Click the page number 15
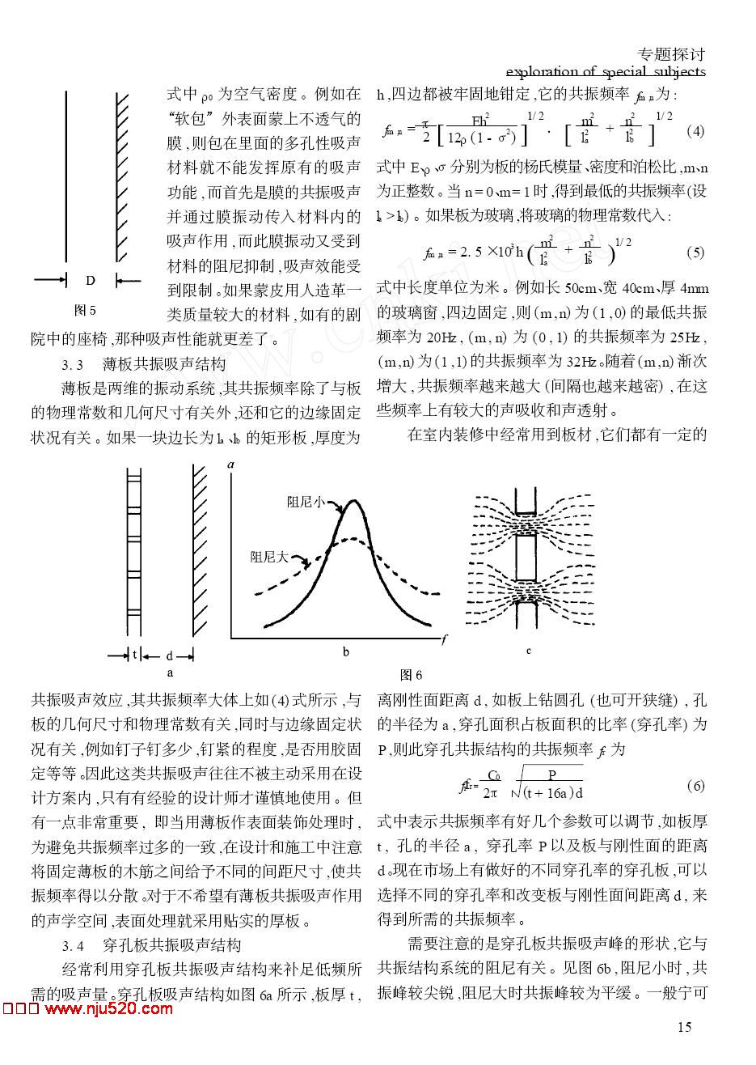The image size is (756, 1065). pos(684,1027)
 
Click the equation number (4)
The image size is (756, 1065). pos(695,131)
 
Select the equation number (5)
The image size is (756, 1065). pos(695,252)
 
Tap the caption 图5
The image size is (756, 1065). pos(85,310)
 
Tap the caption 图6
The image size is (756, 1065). pos(412,675)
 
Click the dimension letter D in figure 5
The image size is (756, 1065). pos(91,280)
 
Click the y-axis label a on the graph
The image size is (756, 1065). pos(231,465)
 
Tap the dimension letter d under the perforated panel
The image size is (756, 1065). pos(169,655)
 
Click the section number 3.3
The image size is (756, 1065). pos(74,363)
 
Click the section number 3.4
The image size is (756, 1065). pos(74,945)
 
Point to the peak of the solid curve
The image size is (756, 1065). pos(353,501)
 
